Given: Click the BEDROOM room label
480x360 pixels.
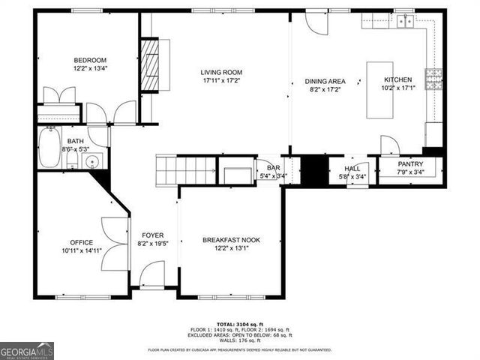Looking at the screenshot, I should coord(90,61).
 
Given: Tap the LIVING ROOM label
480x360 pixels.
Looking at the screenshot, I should coord(221,73).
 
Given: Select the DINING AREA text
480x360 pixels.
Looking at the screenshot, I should coord(325,81).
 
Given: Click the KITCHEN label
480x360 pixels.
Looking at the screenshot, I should coord(397,79).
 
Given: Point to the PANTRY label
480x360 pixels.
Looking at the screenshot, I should coord(410,164).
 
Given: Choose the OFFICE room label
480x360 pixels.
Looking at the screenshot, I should coord(82,242).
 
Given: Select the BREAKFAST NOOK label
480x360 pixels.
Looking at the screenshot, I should coord(231,240).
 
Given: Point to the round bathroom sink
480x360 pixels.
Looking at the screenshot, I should coord(93,161).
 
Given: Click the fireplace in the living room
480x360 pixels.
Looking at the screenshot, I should coord(152,64).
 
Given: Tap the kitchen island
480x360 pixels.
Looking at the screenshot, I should coord(379,89).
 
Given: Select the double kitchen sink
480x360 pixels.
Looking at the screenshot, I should coord(405,21).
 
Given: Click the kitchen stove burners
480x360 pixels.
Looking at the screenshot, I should coord(433,76).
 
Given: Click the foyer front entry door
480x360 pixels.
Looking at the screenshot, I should coord(152,273).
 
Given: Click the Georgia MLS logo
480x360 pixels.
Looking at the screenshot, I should coord(27,349).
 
